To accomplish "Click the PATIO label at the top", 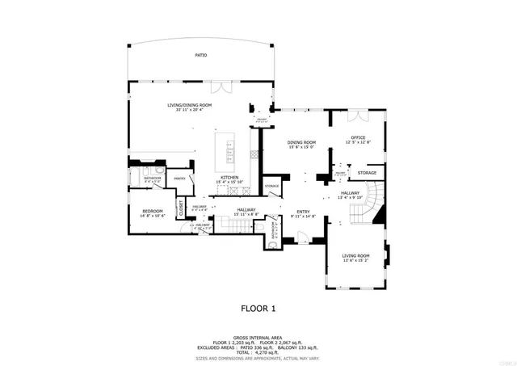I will pos(200,56).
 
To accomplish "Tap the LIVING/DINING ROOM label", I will pos(189,105).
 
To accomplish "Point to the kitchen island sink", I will pos(229,149).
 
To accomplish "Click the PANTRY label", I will pos(181,178).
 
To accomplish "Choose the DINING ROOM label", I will pos(301,143).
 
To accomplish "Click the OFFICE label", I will pos(358,138).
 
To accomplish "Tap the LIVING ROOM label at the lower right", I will pos(355,255).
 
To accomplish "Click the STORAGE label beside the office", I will pos(368,173).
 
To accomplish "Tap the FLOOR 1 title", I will pos(258,308).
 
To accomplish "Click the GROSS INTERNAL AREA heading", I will pos(258,337).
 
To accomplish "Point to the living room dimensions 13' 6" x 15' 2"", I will pos(355,260).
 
